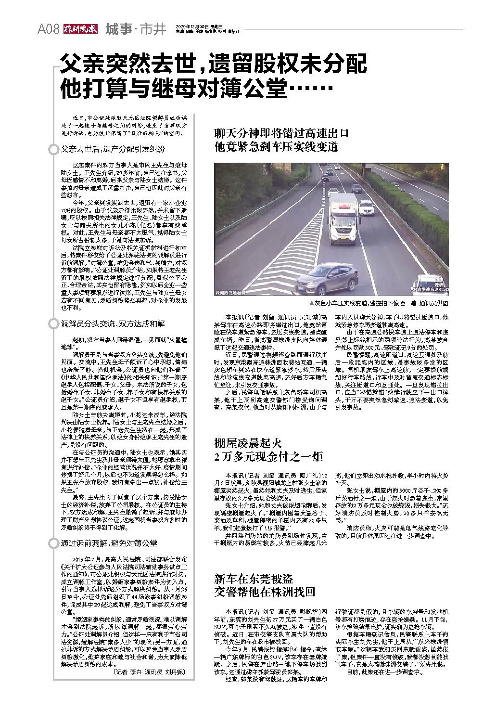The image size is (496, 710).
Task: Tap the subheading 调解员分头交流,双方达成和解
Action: click(113, 324)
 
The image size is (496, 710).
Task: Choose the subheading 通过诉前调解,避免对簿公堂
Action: click(109, 543)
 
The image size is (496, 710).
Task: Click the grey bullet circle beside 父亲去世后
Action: click(54, 149)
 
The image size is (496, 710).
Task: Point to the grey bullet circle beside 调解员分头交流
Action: click(54, 324)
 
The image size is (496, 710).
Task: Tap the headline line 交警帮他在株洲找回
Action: click(264, 592)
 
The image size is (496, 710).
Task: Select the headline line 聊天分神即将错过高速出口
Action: click(281, 133)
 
